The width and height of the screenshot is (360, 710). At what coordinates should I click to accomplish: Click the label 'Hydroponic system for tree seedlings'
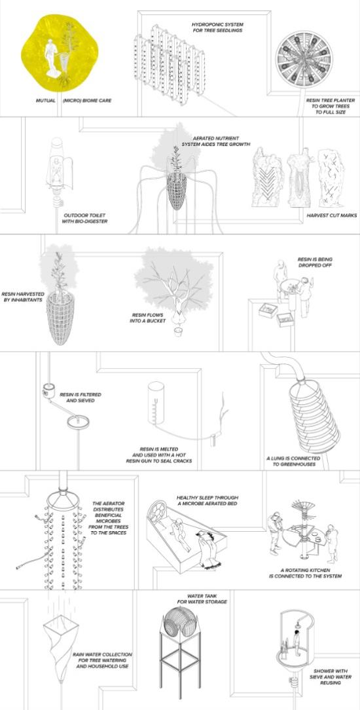point(217,27)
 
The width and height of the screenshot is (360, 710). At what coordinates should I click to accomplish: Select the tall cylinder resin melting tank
point(156,403)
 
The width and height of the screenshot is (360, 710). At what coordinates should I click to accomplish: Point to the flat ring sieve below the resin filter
point(78,422)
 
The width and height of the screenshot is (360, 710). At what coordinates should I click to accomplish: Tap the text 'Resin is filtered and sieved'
point(81,398)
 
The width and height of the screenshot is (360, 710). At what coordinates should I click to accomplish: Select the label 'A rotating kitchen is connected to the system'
point(305,573)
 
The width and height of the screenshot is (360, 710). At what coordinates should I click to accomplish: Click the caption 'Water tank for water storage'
point(207,599)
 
